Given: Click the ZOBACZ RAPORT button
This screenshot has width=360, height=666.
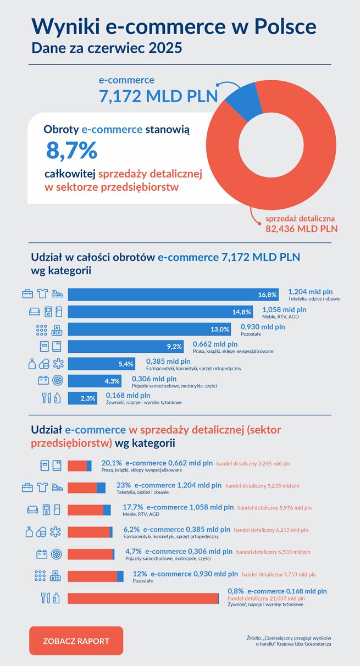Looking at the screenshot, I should click(76, 641).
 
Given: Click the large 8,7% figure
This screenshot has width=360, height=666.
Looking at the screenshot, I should click(71, 149).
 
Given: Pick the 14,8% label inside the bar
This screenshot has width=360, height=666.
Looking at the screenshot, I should click(242, 312).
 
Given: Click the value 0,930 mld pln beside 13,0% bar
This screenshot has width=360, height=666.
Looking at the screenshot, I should click(263, 327).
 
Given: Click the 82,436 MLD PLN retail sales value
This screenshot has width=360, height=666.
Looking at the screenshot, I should click(302, 228).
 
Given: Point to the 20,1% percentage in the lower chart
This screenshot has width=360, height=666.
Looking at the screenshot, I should click(112, 463).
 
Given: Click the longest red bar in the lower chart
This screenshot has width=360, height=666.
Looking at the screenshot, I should click(143, 598).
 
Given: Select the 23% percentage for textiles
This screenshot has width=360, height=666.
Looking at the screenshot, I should click(123, 485).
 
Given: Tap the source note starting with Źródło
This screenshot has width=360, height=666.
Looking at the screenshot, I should click(289, 640).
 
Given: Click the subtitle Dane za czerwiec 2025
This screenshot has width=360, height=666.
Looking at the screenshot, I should click(107, 48).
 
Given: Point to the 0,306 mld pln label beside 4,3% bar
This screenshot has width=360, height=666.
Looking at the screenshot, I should click(154, 379).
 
